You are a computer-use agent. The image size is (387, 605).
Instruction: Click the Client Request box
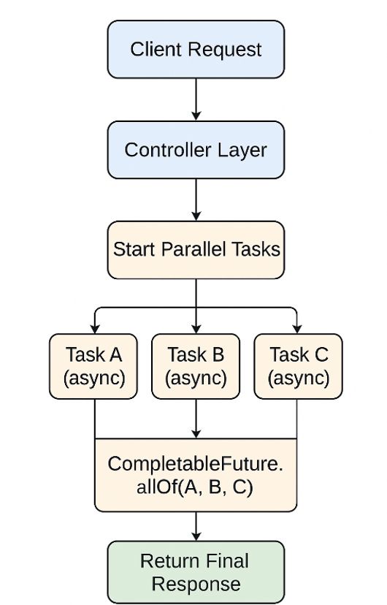pyautogui.click(x=196, y=50)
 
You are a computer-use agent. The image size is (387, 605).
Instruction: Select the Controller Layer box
pyautogui.click(x=196, y=150)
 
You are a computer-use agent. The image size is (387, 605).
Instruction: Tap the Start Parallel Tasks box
pyautogui.click(x=196, y=249)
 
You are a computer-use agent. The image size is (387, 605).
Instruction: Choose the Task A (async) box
pyautogui.click(x=93, y=366)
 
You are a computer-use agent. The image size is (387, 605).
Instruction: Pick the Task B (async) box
pyautogui.click(x=196, y=366)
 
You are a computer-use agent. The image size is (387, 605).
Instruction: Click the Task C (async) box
pyautogui.click(x=298, y=366)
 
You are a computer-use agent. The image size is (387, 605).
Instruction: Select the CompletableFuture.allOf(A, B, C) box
pyautogui.click(x=196, y=475)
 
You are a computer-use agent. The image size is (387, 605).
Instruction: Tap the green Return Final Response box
pyautogui.click(x=196, y=572)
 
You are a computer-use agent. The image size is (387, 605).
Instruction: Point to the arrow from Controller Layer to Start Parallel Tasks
pyautogui.click(x=196, y=199)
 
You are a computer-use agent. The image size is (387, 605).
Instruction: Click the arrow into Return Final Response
pyautogui.click(x=196, y=526)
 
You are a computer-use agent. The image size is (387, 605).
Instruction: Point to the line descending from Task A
pyautogui.click(x=94, y=418)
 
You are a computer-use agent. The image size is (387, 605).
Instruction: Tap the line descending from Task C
pyautogui.click(x=297, y=418)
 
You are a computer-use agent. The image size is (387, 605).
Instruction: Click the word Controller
pyautogui.click(x=160, y=150)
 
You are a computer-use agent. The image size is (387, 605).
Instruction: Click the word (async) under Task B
pyautogui.click(x=196, y=378)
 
